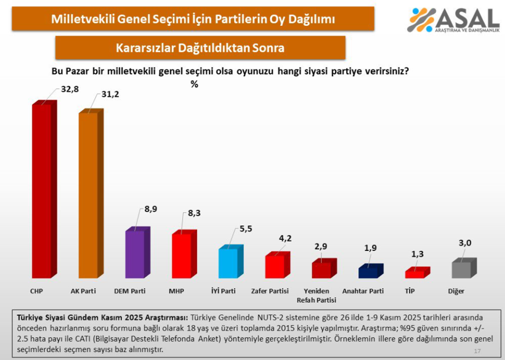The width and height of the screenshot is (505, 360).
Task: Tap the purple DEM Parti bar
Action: click(x=135, y=254)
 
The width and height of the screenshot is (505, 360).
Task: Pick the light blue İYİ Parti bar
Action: click(x=228, y=263)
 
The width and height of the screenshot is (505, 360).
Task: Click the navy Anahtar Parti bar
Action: click(x=368, y=272)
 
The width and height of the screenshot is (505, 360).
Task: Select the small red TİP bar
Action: click(x=414, y=274)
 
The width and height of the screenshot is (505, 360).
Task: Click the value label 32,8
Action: click(x=70, y=89)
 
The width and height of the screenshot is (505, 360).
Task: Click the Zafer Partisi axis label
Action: click(x=271, y=290)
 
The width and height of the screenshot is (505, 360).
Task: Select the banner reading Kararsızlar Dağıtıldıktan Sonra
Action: click(x=200, y=47)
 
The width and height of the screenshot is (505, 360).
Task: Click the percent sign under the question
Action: click(x=195, y=84)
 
